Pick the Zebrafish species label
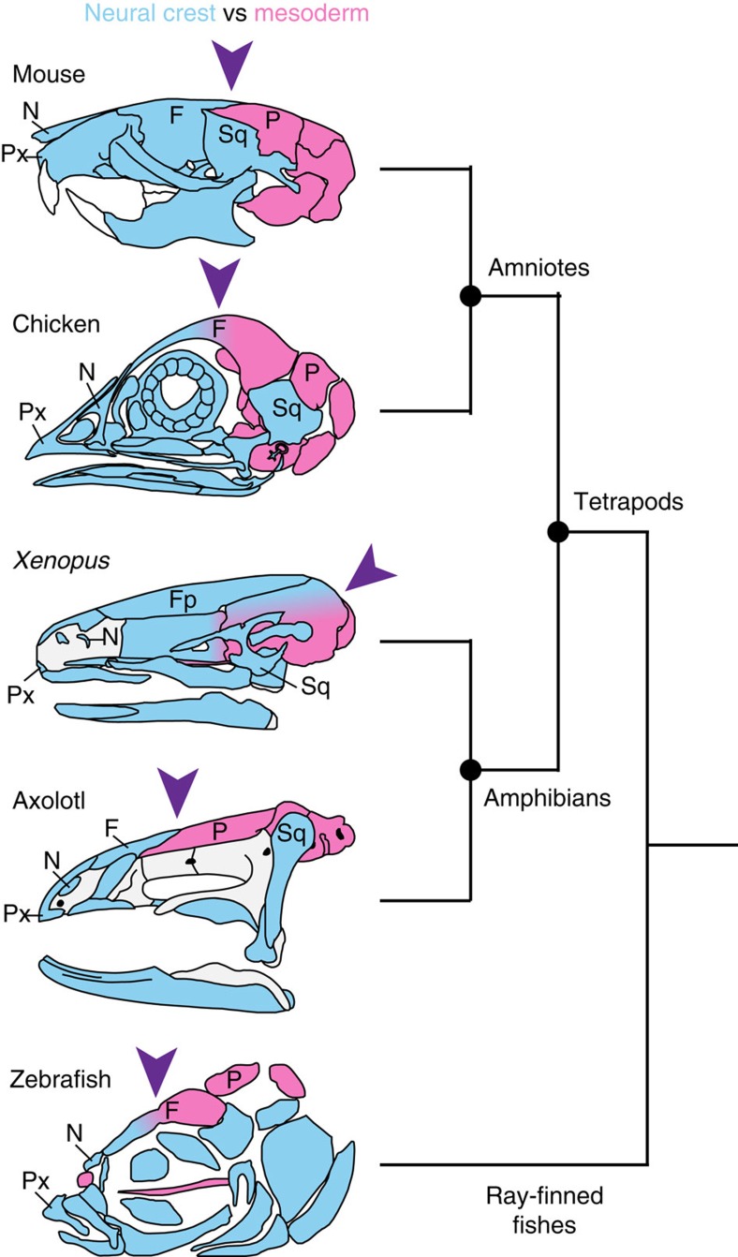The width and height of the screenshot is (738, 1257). click(54, 1079)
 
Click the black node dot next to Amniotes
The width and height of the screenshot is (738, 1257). click(470, 296)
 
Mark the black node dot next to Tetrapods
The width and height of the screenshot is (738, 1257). click(558, 532)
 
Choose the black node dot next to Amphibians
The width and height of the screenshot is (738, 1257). click(470, 770)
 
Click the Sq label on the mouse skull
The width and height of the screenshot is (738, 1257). click(231, 134)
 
